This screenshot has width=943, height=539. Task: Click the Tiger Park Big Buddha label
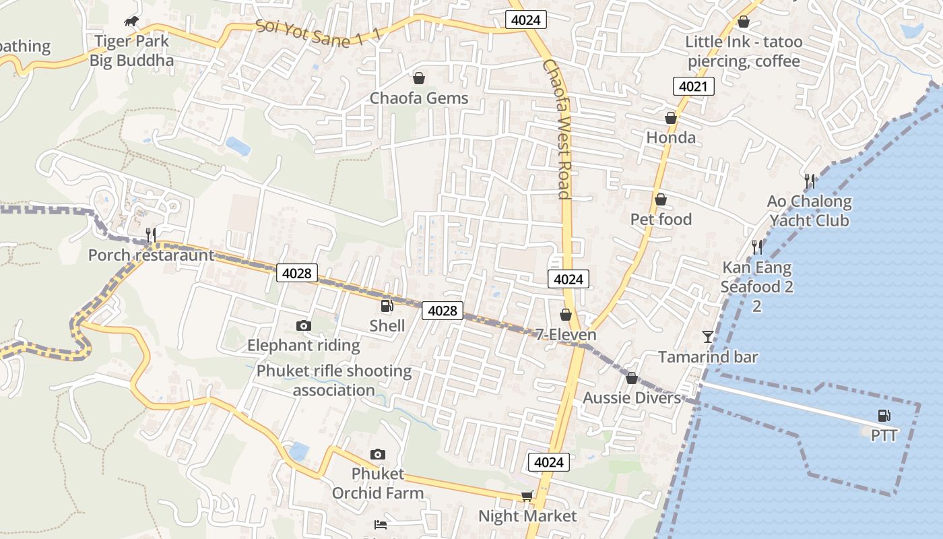coord(132,51)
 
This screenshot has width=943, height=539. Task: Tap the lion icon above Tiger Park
coord(132,22)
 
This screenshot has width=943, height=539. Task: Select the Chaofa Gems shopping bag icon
coord(419,79)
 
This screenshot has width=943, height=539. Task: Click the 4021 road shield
coord(693,86)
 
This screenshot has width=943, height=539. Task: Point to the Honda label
coord(671,137)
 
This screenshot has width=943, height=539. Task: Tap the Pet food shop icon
coord(661,199)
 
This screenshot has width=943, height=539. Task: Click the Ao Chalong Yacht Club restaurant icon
coord(810,181)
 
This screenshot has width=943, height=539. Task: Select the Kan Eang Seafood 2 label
coord(757,277)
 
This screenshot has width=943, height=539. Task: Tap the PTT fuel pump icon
coord(884,416)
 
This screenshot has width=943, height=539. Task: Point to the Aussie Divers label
coord(632,398)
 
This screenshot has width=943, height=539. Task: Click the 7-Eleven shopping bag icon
coord(566,315)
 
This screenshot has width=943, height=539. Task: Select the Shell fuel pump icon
coord(387,306)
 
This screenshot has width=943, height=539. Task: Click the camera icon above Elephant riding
coord(304,326)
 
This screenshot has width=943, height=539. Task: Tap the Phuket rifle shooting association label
coord(334,380)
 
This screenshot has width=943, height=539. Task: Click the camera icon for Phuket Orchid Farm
coord(378,454)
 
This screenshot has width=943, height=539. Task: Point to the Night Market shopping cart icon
coord(527,497)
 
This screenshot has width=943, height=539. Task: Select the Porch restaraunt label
coord(151,255)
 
